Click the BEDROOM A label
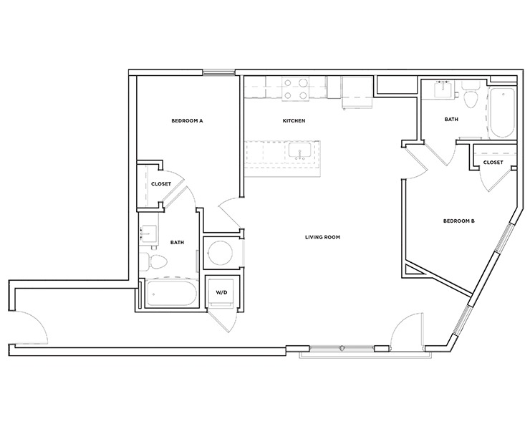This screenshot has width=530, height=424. pyautogui.click(x=188, y=120)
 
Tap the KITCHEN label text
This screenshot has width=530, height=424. pyautogui.click(x=294, y=120)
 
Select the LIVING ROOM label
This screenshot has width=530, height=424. pyautogui.click(x=322, y=236)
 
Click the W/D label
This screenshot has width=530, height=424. pyautogui.click(x=221, y=292)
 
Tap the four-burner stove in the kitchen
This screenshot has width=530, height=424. pyautogui.click(x=295, y=89)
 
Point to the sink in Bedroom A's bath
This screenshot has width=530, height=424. pyautogui.click(x=149, y=233)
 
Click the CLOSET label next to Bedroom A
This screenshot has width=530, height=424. pyautogui.click(x=161, y=184)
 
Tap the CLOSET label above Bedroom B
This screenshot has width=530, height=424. pyautogui.click(x=493, y=163)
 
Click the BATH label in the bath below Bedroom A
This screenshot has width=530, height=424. pyautogui.click(x=177, y=243)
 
